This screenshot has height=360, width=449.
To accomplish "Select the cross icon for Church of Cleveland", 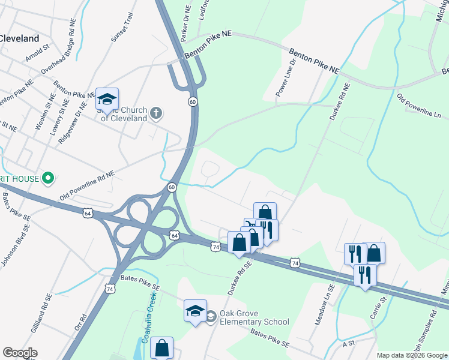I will (155, 113).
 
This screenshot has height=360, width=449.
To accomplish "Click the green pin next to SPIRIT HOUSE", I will (50, 178).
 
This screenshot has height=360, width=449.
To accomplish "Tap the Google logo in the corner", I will (20, 353).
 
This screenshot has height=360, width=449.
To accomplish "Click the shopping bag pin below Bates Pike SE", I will (161, 348).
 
